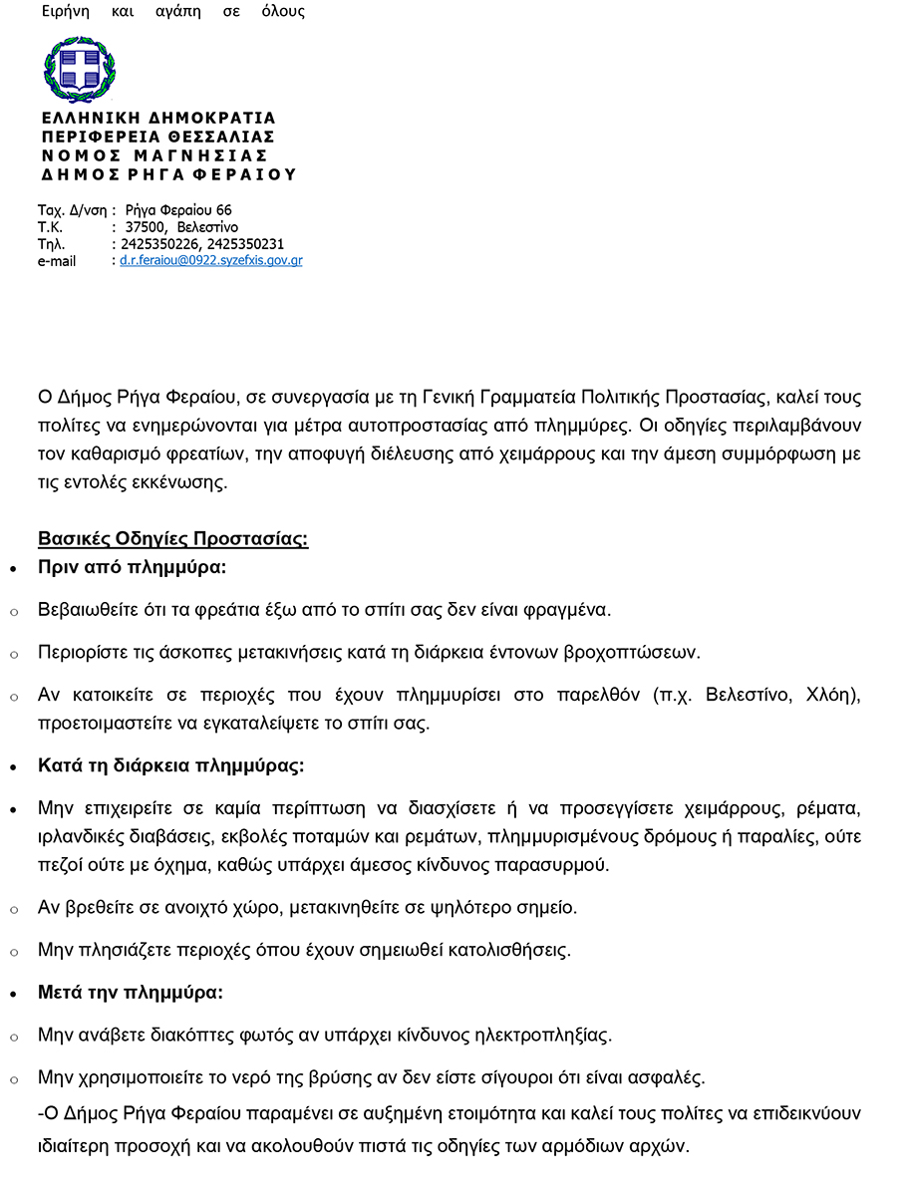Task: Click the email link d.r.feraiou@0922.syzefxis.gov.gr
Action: pyautogui.click(x=211, y=261)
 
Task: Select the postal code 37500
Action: pyautogui.click(x=144, y=227)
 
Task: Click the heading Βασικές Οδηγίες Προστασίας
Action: pyautogui.click(x=172, y=539)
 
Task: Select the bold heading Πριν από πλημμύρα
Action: pyautogui.click(x=133, y=568)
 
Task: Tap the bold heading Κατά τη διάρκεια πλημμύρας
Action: pyautogui.click(x=170, y=766)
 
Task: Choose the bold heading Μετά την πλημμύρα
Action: pyautogui.click(x=131, y=993)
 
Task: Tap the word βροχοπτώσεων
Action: pyautogui.click(x=638, y=653)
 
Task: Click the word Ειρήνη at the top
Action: pyautogui.click(x=66, y=12)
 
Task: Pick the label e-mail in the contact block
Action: pyautogui.click(x=57, y=262)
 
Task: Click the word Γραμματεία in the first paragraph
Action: pyautogui.click(x=467, y=397)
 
